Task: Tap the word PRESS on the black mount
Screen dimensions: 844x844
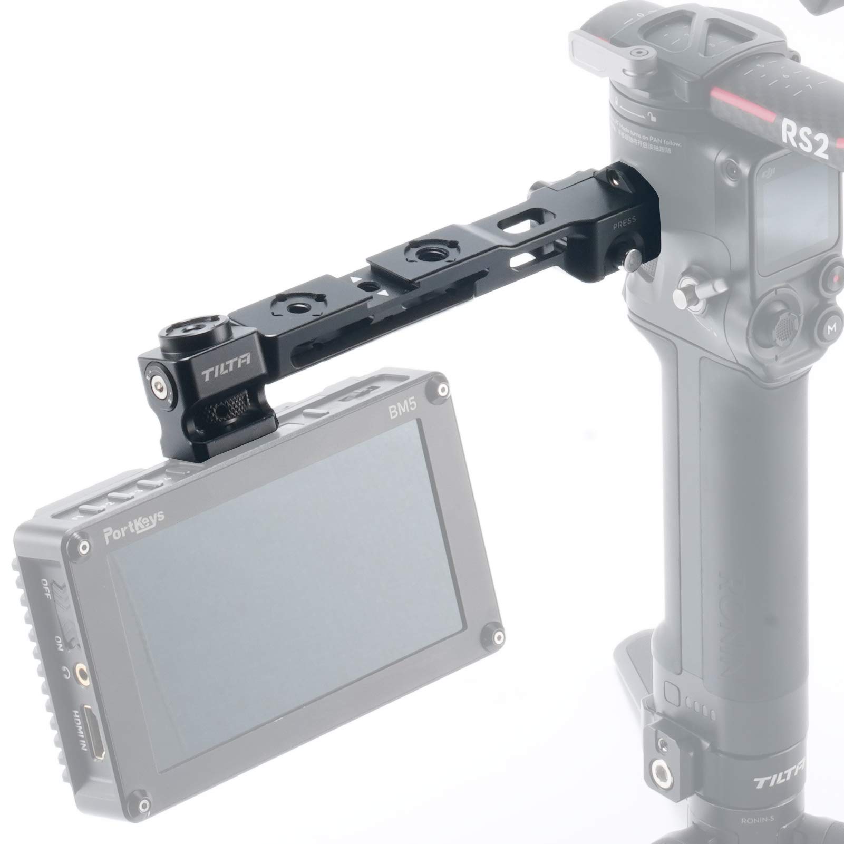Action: pyautogui.click(x=624, y=220)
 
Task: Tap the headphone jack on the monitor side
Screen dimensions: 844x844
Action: pyautogui.click(x=81, y=671)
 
